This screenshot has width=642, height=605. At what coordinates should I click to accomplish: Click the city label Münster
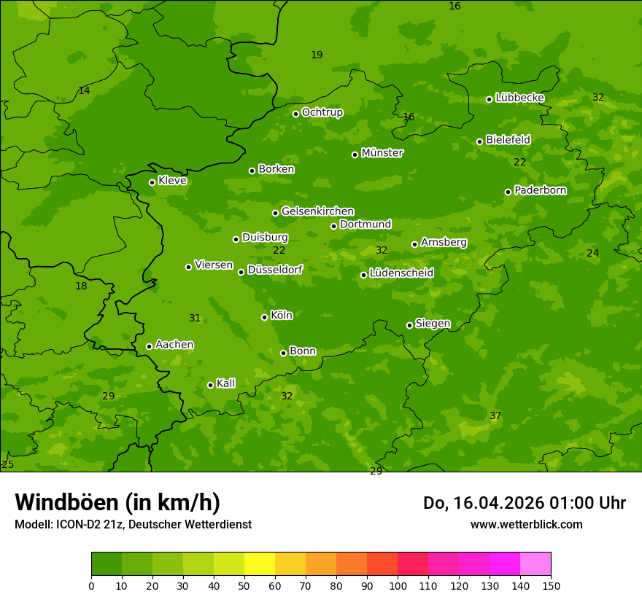382,153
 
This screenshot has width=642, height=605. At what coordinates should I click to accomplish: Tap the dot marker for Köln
264,317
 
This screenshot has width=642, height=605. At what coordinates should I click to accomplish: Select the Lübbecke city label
519,98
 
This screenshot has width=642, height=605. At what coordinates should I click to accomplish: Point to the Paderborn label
540,190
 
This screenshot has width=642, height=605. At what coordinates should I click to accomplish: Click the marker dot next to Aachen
149,346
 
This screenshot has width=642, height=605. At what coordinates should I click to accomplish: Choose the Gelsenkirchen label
317,211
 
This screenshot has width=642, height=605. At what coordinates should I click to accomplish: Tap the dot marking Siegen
409,325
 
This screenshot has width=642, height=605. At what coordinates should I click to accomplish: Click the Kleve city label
172,181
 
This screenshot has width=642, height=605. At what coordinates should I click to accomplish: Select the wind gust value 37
495,415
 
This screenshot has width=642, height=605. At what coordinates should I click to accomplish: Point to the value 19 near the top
317,55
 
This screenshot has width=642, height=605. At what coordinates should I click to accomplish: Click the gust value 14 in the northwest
84,90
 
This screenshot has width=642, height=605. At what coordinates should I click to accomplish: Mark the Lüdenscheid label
401,273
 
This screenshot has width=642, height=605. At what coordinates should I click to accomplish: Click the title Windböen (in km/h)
117,502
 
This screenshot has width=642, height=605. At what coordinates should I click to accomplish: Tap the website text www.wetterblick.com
526,524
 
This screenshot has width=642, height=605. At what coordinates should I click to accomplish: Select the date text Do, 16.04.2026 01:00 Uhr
524,503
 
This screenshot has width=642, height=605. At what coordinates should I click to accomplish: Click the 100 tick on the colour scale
398,585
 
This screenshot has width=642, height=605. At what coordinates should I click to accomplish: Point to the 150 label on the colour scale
551,585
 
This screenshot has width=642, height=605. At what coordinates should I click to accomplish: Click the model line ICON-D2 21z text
133,524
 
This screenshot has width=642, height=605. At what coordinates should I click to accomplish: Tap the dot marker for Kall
210,385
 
